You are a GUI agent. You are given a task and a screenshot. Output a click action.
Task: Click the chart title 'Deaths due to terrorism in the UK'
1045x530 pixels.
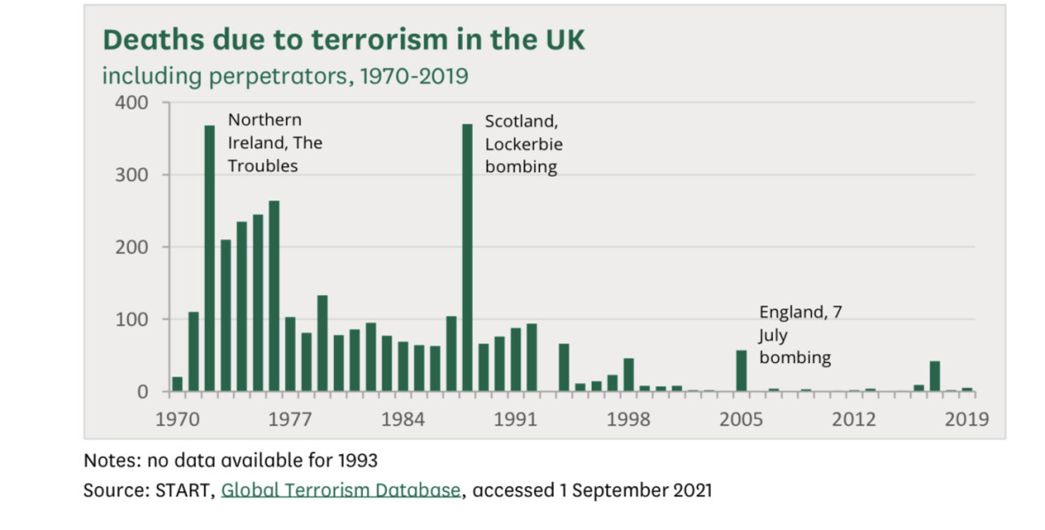click(x=344, y=41)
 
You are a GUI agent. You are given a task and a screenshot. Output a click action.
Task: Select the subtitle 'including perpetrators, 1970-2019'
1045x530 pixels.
click(x=285, y=76)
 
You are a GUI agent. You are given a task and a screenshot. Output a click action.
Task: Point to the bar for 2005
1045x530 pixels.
click(x=741, y=371)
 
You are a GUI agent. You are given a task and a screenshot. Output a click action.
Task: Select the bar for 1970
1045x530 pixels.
click(x=178, y=383)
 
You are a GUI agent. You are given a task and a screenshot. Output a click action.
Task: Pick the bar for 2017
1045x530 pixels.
click(x=935, y=376)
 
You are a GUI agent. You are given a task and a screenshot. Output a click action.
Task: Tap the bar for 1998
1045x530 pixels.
click(x=628, y=375)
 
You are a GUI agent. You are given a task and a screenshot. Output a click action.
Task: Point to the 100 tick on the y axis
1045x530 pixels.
click(x=129, y=319)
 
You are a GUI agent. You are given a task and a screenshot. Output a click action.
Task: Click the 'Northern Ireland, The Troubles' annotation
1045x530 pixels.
click(x=275, y=142)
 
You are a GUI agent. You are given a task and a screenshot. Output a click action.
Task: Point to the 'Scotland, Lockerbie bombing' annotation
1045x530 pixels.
click(x=523, y=143)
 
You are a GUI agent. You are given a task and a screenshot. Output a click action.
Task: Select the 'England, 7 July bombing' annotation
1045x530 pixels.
click(x=795, y=335)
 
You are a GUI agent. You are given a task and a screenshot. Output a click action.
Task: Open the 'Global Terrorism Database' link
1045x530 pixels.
click(x=341, y=490)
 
